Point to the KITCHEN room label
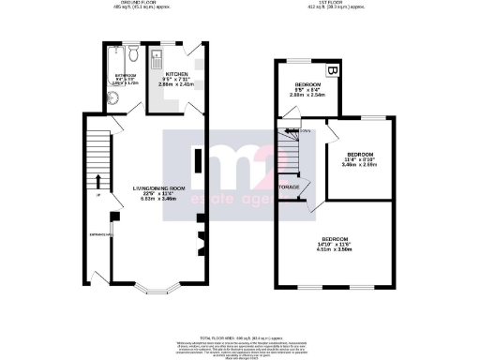click(x=178, y=72)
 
